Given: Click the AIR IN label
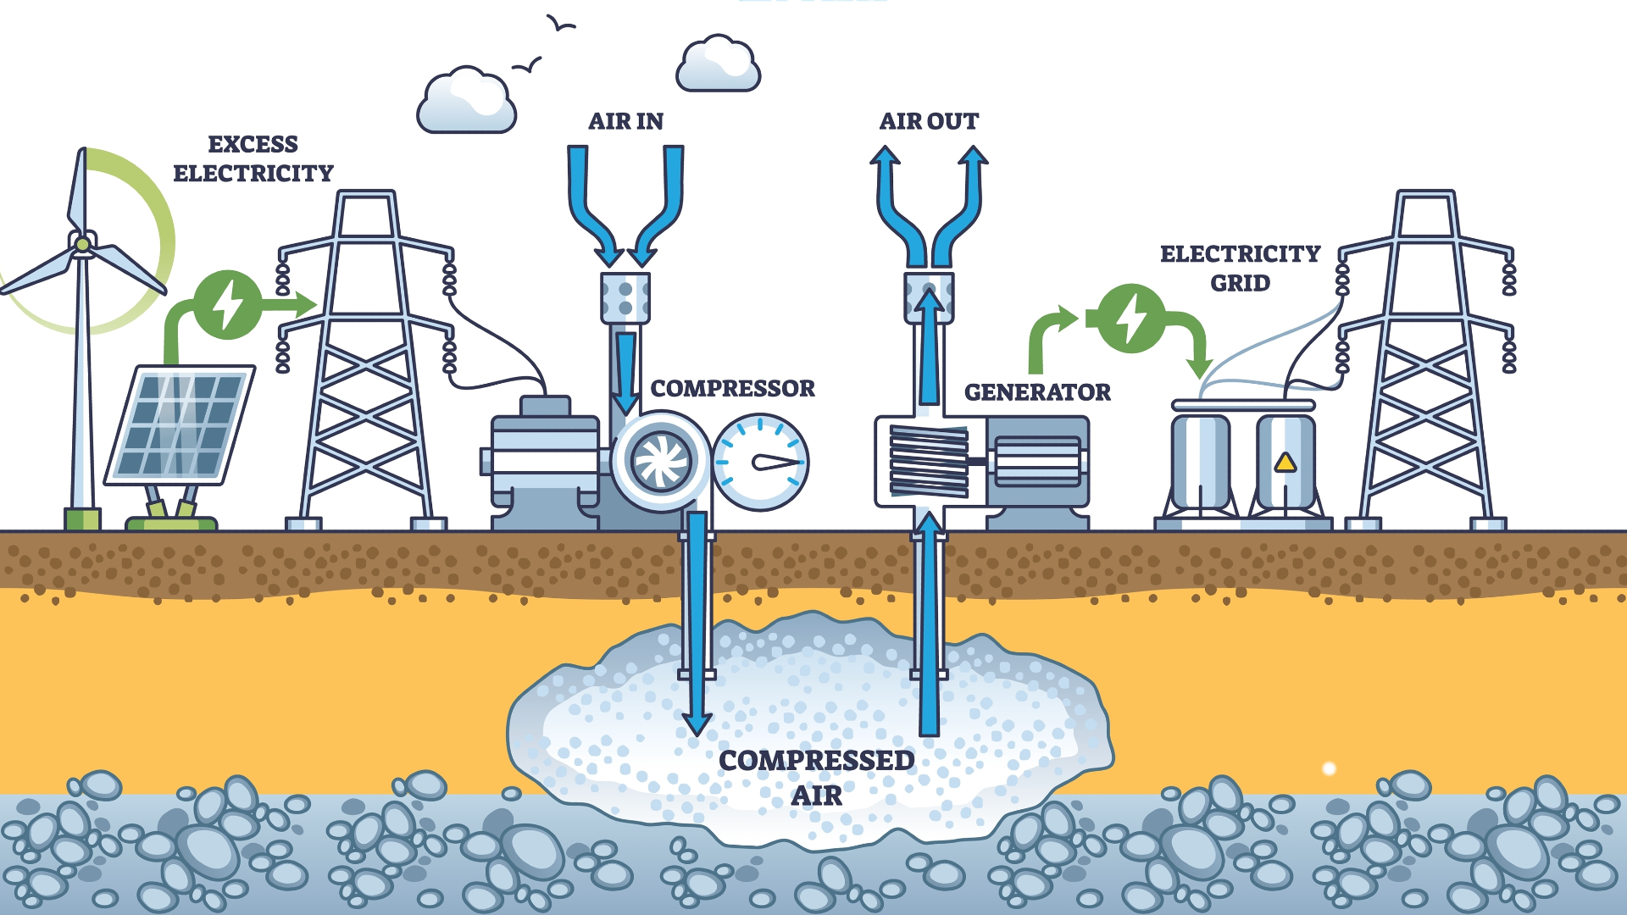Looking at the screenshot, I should click(625, 121).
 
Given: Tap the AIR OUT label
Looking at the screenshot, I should click(929, 121).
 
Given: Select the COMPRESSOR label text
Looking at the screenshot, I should click(732, 388).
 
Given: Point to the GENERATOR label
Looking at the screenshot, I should click(1037, 392).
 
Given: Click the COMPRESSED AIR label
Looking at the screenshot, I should click(816, 778).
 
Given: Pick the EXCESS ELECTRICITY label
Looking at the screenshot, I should click(253, 158).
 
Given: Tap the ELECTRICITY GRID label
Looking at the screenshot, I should click(1240, 268).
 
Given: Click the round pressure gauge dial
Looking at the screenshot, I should click(760, 463).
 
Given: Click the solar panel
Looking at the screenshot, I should click(180, 424).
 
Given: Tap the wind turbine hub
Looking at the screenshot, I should click(82, 245).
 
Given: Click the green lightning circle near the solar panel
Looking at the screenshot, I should click(227, 304).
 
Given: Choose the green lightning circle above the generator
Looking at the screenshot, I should click(1131, 319).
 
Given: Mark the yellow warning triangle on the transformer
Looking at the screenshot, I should click(1285, 463).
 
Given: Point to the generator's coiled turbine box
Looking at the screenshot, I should click(929, 462).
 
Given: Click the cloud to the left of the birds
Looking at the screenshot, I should click(466, 103).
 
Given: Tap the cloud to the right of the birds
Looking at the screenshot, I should click(719, 64).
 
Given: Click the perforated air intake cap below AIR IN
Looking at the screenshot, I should click(625, 297).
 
